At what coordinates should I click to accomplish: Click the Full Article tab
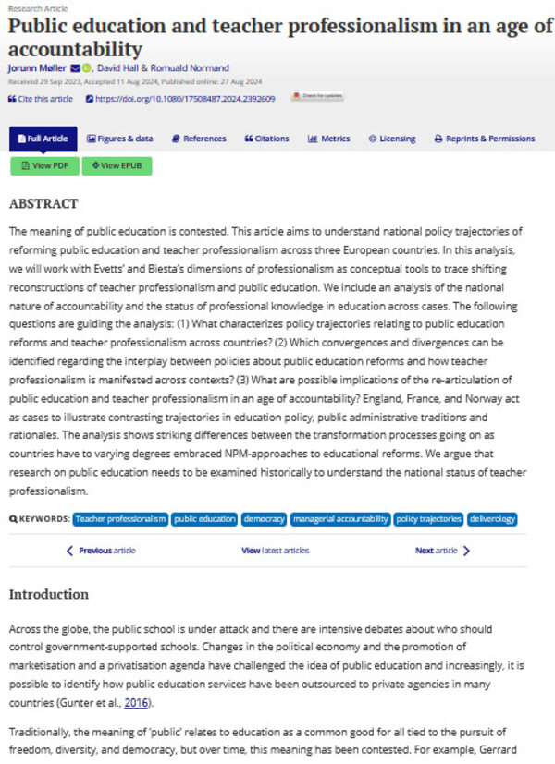click(x=43, y=139)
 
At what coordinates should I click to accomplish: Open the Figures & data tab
click(x=120, y=139)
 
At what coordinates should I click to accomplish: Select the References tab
click(x=199, y=139)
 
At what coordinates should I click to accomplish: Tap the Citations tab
click(x=267, y=139)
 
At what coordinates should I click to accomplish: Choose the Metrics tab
click(x=329, y=139)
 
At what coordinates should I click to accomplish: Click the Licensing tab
click(x=392, y=139)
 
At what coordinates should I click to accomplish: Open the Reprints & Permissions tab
click(x=485, y=139)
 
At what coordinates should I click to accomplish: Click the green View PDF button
click(x=44, y=165)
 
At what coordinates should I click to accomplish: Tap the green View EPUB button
click(x=117, y=165)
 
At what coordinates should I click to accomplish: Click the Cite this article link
click(x=41, y=98)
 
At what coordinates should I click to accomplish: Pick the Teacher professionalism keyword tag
click(x=120, y=519)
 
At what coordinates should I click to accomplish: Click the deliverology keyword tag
click(x=491, y=519)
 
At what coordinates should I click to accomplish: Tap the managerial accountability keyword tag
click(x=339, y=519)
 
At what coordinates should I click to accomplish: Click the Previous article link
click(x=102, y=551)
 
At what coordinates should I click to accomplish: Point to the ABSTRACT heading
click(x=43, y=203)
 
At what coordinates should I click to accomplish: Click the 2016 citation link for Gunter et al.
click(x=137, y=702)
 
